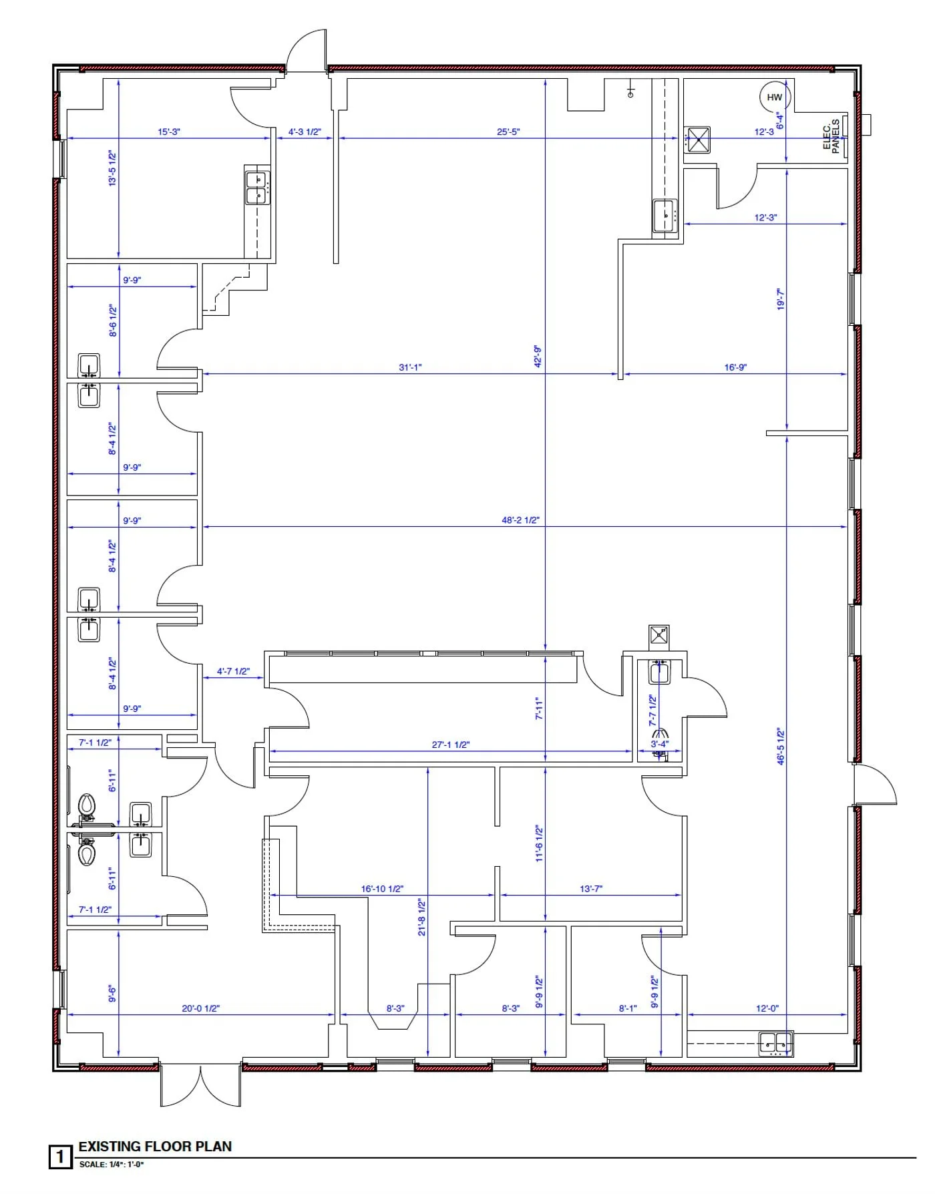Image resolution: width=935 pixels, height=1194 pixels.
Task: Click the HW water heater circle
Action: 775,97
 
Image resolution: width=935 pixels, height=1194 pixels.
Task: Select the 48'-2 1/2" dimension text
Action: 520,520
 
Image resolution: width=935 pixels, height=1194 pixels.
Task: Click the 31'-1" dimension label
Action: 410,367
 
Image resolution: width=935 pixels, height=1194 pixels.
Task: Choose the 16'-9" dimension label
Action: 735,367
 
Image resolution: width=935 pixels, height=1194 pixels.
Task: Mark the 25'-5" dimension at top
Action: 508,132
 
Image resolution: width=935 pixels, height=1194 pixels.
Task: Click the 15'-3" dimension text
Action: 169,132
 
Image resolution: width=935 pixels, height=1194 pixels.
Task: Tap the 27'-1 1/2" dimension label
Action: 451,745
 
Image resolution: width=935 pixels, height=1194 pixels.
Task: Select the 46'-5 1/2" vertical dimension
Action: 781,747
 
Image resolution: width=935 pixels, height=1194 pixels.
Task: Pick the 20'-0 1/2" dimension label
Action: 200,1008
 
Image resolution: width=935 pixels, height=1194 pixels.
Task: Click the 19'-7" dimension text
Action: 781,298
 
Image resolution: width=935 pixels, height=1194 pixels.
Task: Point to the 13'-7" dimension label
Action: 591,889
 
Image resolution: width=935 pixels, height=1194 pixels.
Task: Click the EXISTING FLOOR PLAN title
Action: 155,1147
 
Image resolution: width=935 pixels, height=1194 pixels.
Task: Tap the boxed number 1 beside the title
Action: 60,1157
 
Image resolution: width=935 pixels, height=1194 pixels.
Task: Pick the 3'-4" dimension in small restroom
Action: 659,744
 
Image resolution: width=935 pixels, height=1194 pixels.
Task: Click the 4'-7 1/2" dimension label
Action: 233,671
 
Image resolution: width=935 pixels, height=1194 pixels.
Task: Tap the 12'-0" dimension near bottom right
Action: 767,1008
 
